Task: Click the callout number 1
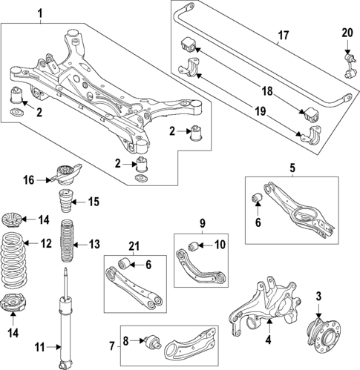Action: click(x=40, y=13)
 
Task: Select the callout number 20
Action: click(x=347, y=32)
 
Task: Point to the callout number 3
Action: click(x=318, y=297)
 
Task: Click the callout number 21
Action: click(x=133, y=245)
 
